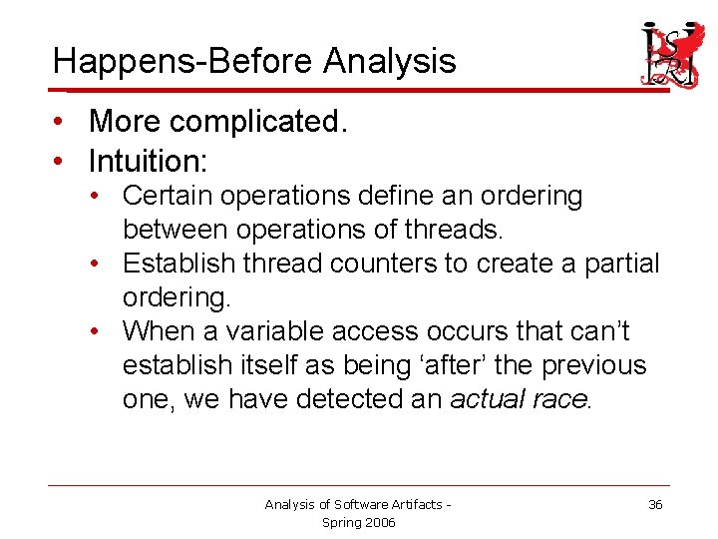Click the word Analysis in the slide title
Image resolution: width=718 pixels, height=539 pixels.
coord(389,62)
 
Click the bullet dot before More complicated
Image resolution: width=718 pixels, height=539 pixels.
coord(62,122)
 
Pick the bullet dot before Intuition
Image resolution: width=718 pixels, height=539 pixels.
coord(62,160)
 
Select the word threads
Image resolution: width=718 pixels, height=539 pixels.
coord(454,230)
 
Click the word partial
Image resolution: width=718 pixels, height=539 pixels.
coord(617,264)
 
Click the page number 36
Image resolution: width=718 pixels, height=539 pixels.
coord(655,505)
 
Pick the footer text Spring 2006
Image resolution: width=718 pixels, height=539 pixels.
coord(359,522)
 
